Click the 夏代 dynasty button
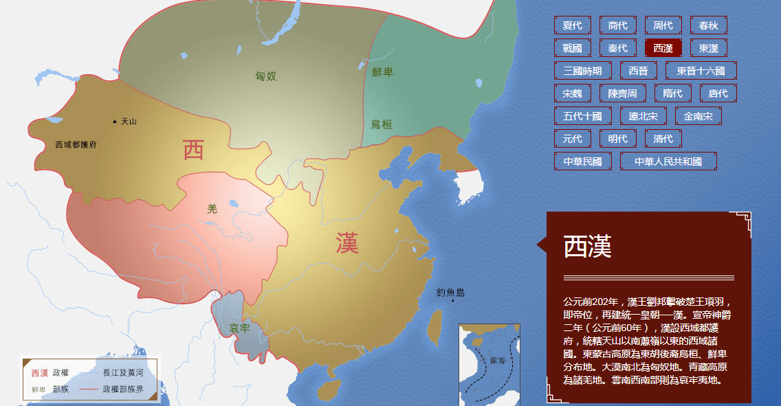coord(572,25)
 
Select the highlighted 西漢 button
coord(663,48)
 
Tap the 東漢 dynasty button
coord(708,48)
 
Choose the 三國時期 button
coord(582,71)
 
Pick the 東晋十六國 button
coord(701,71)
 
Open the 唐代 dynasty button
coord(718,93)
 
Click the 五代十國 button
coord(582,116)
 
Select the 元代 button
coord(572,139)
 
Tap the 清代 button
coord(663,139)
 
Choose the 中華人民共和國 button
coord(668,161)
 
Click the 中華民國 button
coord(582,161)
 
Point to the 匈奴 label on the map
coord(265,76)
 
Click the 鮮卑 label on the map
coord(382,72)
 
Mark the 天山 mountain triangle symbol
coord(115,122)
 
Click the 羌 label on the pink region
coord(212,209)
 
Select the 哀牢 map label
coord(239,328)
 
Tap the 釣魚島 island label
coord(450,293)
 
